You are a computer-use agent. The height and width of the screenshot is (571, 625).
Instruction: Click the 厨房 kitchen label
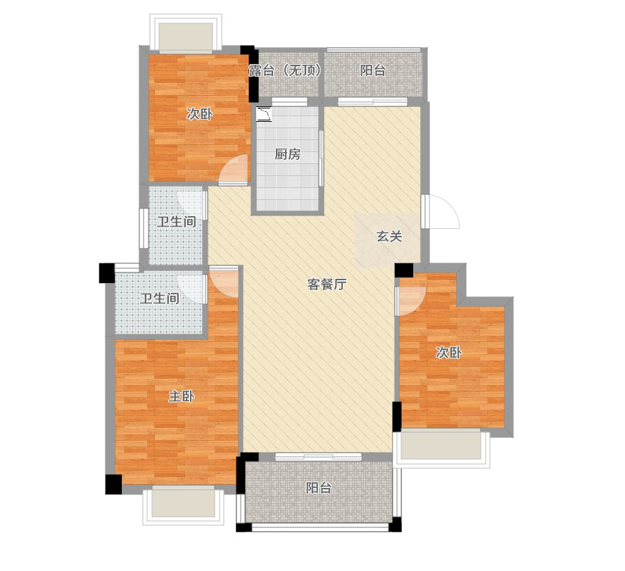pos(287,154)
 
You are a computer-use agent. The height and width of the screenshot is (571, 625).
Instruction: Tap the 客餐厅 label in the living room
pos(327,284)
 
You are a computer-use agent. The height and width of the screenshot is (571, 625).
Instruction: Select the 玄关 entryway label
pos(389,237)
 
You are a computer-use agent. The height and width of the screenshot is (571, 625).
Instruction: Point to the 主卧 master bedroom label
pos(181,396)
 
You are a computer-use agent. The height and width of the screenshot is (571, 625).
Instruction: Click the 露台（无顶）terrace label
pos(285,70)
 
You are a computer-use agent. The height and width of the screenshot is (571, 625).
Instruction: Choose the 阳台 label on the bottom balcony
pos(318,488)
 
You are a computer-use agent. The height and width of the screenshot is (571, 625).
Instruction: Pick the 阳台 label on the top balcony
pos(373,70)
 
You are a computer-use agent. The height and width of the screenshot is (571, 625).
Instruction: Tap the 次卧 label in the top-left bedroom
pos(199,114)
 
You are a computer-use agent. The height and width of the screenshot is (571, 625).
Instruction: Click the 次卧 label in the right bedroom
pos(448,353)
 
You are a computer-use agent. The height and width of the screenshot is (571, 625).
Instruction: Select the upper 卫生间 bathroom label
pos(176,222)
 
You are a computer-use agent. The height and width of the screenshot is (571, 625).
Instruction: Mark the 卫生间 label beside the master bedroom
pos(159,299)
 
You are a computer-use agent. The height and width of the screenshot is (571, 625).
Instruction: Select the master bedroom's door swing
pos(224,282)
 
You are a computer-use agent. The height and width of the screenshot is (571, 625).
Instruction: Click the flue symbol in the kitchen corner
pos(265,112)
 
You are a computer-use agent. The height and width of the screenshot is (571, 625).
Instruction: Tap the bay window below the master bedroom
pos(182,503)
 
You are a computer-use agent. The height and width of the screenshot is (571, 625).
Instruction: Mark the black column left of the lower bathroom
pos(106,272)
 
